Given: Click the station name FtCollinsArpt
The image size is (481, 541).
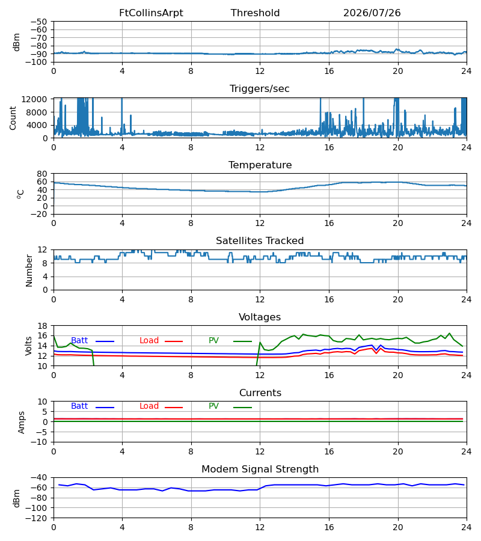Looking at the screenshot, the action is point(151,13).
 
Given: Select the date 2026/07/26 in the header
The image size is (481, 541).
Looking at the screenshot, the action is point(372,13).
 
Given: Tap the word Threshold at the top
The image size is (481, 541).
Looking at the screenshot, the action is point(255,13).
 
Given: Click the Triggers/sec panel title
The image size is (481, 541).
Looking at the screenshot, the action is point(260,89).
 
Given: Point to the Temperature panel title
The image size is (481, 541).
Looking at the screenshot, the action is point(260,165).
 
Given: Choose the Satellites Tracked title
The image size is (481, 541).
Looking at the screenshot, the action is point(260,241).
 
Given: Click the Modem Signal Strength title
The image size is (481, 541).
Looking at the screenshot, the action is point(260,469).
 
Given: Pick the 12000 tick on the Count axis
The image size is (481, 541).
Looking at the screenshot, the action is point(34,99).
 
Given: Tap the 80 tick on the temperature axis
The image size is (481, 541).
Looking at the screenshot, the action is point(42,174).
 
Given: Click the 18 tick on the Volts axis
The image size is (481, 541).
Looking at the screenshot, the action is point(42,326).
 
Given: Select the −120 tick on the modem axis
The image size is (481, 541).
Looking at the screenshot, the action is point(37,518).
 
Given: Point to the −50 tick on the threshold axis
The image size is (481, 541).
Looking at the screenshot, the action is point(39,22).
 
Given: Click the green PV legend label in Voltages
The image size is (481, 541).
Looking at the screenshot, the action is point(213,341).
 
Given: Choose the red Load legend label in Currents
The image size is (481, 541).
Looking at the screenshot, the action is point(149,406).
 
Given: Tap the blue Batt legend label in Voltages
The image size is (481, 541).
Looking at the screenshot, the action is point(79,341).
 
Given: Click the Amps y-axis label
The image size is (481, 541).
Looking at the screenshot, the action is point(22,423).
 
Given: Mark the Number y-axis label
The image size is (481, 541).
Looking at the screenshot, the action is point(29,270).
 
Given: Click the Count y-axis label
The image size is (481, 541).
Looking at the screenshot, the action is point(13,118).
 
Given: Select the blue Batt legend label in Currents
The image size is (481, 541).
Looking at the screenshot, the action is point(79,406).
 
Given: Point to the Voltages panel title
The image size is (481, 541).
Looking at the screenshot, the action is point(260,317).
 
